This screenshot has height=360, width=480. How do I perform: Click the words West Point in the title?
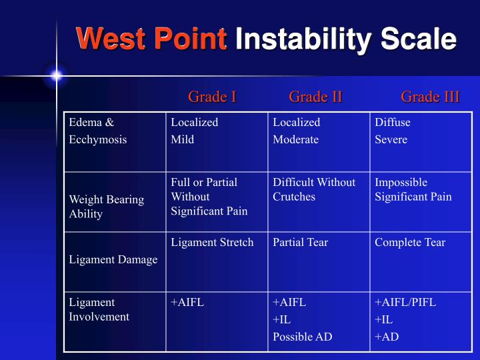click(151, 39)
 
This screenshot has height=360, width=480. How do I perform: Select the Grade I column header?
click(212, 97)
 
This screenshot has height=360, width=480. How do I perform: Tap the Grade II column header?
click(315, 97)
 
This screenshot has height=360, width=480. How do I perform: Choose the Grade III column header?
click(429, 97)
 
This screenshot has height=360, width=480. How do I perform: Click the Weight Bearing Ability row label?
click(106, 207)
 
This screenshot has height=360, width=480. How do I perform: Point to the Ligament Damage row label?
click(113, 259)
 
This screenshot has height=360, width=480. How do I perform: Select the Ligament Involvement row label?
click(99, 309)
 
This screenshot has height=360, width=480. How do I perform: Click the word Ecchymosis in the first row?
click(97, 139)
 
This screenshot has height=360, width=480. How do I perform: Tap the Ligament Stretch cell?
click(212, 243)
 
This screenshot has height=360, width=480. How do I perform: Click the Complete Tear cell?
click(409, 243)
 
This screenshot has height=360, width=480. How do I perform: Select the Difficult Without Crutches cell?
click(314, 189)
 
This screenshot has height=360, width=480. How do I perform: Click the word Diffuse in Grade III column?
click(392, 122)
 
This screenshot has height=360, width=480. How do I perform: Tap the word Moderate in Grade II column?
click(295, 139)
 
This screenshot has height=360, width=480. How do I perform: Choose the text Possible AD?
click(302, 337)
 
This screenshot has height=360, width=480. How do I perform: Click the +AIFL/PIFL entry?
click(405, 302)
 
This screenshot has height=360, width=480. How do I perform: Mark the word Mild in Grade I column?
click(182, 139)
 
